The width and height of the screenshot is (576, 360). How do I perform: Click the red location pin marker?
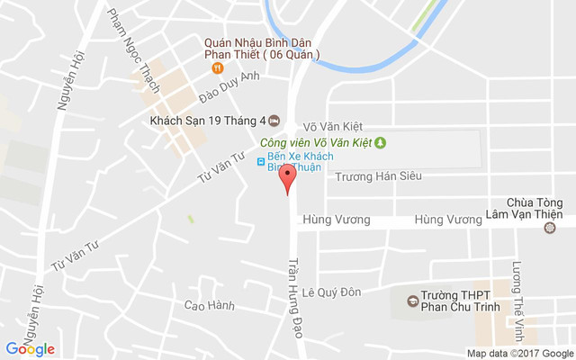[x=286, y=178]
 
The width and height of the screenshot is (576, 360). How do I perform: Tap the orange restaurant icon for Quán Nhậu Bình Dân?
[x=216, y=68]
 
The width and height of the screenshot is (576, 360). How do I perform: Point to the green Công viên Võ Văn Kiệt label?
[x=315, y=143]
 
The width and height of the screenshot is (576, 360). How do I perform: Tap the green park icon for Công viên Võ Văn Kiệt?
[x=380, y=142]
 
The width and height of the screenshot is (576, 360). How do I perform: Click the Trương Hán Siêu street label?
[x=378, y=176]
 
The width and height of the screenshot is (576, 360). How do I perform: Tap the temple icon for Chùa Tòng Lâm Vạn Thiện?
[x=551, y=228]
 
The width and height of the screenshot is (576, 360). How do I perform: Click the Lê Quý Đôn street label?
[x=330, y=292]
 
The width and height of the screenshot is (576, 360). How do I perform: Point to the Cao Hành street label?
[x=209, y=306]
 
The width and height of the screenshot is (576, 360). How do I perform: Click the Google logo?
[x=30, y=349]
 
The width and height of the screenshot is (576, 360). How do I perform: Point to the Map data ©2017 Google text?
[x=520, y=353]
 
